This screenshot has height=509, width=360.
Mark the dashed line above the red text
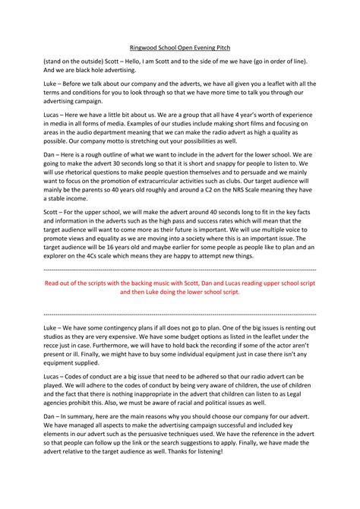coord(180,315)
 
